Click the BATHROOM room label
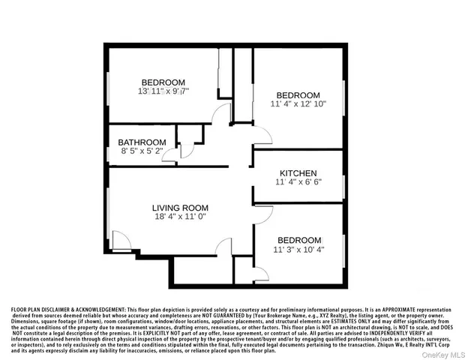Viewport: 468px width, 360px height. pos(142,142)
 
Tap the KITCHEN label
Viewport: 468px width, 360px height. pos(298,172)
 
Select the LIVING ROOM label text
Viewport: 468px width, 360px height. pos(180,208)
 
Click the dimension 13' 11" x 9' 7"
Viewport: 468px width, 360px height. pos(163,91)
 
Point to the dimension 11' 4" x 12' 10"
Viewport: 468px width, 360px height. pos(298,105)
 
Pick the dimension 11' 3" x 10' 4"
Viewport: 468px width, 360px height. pos(298,250)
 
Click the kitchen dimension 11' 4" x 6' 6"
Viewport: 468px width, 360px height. pos(298,182)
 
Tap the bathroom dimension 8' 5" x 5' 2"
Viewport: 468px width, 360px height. pos(141,151)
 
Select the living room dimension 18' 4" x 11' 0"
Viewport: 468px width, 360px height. pos(180,217)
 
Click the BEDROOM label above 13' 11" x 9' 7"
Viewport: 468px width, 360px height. pos(163,82)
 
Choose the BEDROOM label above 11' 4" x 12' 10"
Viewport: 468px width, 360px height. pos(298,95)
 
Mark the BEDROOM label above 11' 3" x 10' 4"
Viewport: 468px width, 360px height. pos(298,240)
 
